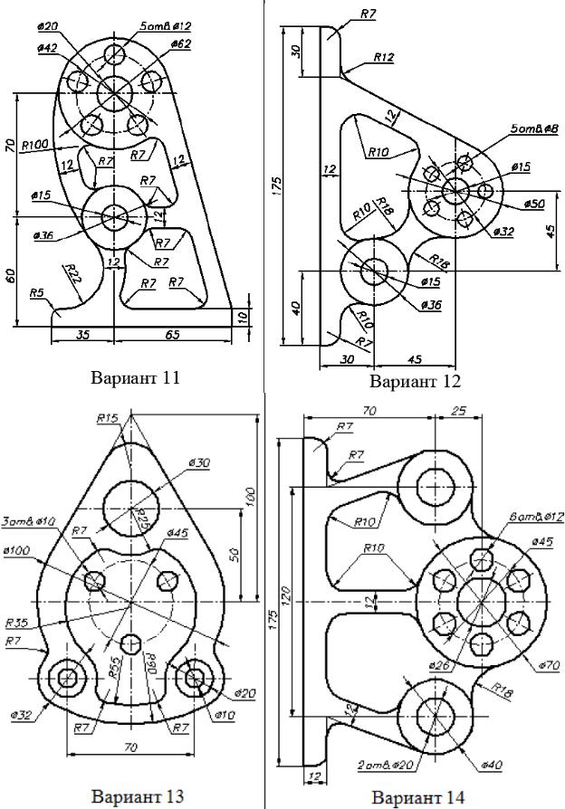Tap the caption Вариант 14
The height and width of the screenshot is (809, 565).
coord(417,797)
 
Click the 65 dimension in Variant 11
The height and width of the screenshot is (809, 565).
coord(172,334)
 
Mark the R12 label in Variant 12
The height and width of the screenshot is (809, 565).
coord(383,57)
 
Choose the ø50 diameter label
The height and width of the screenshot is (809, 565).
coord(533,204)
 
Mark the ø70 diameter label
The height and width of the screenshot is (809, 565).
coord(549,665)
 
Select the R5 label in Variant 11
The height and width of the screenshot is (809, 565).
coord(36,292)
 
